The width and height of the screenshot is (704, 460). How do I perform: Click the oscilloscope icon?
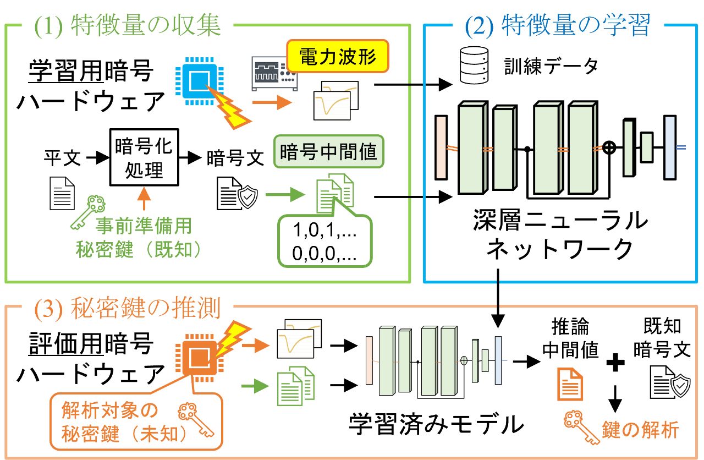tap(273, 73)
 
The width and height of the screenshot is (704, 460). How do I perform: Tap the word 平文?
tap(62, 158)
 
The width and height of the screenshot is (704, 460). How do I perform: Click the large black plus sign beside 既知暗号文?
tap(615, 362)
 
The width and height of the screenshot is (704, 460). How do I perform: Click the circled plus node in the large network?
tap(608, 147)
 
